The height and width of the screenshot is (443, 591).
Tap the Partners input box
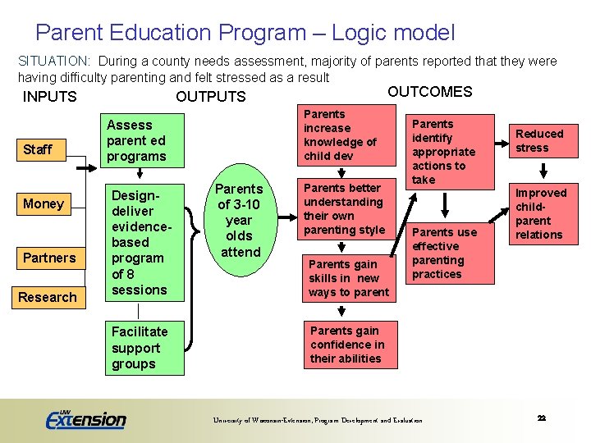(48, 258)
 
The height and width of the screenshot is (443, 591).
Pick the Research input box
(48, 297)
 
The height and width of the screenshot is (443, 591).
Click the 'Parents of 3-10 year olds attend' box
(240, 221)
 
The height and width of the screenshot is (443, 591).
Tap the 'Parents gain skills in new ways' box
(347, 278)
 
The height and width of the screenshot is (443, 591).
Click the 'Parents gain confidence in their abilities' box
(347, 345)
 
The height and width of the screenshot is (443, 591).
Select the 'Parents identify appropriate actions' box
(449, 152)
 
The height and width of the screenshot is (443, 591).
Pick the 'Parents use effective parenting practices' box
(449, 253)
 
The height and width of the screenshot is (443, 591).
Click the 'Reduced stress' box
(539, 140)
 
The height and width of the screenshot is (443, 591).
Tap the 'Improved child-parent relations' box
(539, 213)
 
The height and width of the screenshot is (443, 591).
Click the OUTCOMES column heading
(429, 92)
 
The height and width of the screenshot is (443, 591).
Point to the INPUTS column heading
(50, 97)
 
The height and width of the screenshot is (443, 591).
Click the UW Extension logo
(86, 418)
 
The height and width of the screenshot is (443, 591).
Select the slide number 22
(542, 418)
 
